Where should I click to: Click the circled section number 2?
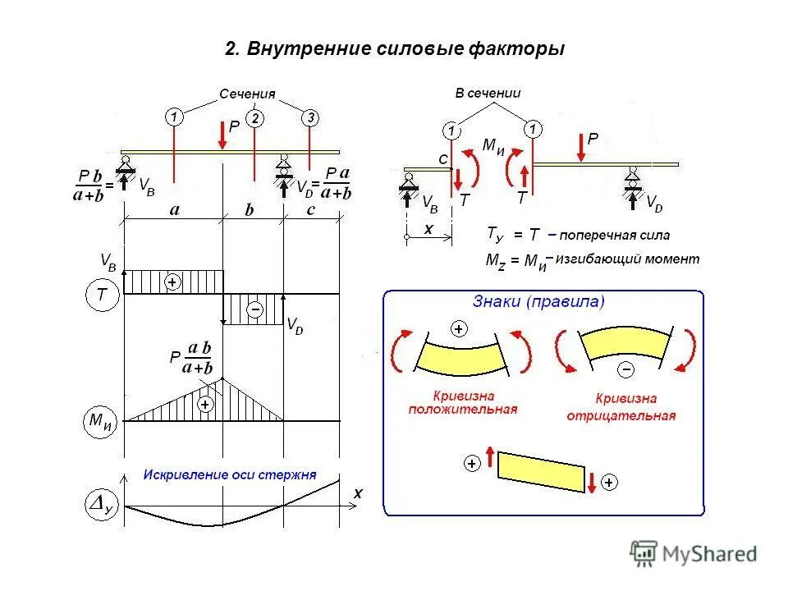coord(255,119)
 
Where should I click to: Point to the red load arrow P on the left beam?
coord(222,135)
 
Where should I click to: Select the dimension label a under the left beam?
coord(174,210)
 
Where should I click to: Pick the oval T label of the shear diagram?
coord(103,294)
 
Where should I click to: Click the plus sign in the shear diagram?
coord(173,282)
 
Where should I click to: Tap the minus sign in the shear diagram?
coord(255,309)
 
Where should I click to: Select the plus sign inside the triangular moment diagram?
coord(204,405)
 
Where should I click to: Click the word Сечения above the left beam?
coord(246,94)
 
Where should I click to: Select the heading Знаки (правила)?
coord(538,302)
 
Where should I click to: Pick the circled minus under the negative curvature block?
coord(626,369)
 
